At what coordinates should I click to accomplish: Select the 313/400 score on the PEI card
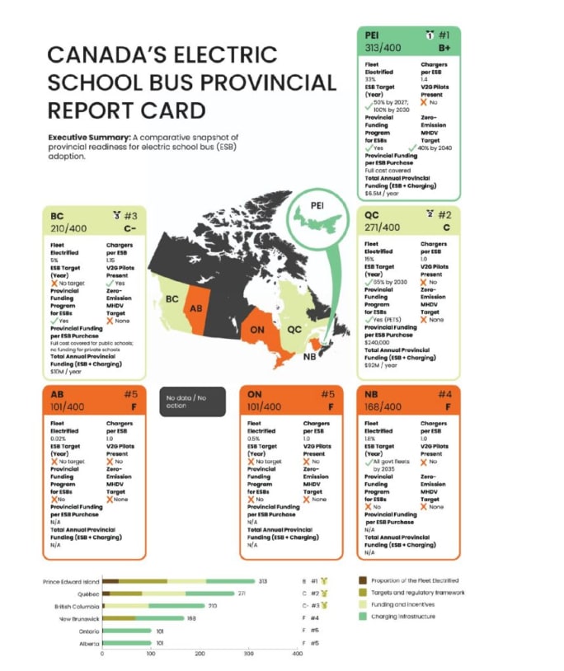383,49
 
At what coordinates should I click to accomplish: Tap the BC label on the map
172,299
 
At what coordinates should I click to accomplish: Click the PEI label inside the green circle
317,203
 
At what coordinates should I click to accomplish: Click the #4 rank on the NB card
447,394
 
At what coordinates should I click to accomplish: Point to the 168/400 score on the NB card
383,406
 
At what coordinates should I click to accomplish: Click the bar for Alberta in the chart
126,642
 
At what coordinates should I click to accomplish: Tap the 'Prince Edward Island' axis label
71,581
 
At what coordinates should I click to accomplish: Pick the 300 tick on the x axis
249,655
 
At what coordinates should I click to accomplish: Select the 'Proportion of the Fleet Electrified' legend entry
415,580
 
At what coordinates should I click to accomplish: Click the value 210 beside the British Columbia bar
212,606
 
